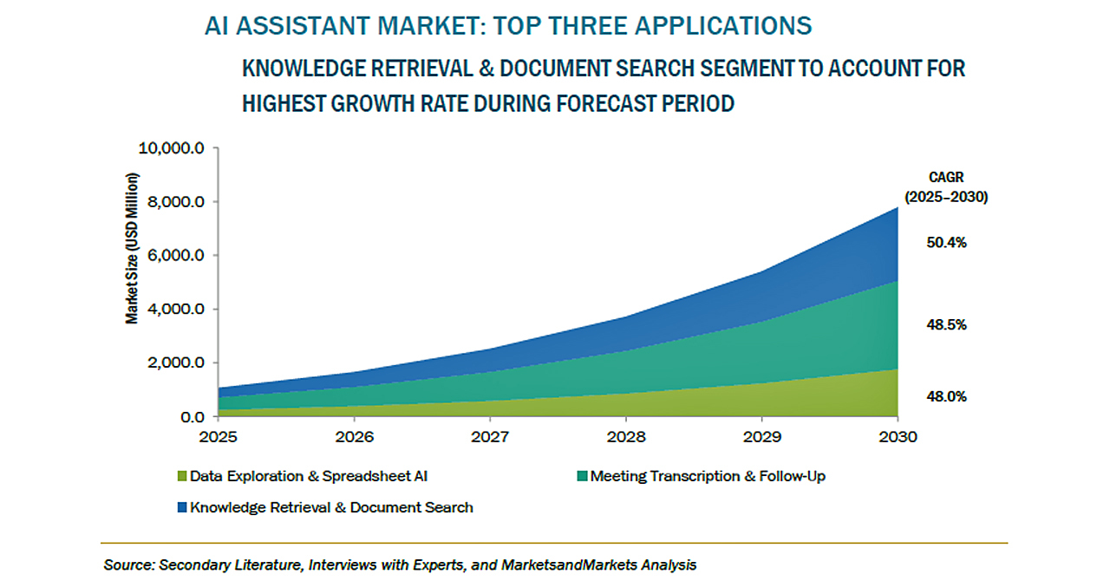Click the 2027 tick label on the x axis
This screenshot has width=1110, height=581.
(490, 435)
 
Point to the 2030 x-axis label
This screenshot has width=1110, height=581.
(897, 435)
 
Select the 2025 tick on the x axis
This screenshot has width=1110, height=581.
(218, 435)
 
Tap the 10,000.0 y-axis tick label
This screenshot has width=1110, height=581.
(171, 148)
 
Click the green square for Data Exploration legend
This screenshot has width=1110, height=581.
(181, 476)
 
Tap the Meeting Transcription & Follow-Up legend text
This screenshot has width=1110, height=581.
(708, 476)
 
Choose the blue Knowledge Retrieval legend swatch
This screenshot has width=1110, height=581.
(181, 507)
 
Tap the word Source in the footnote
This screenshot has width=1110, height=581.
(127, 565)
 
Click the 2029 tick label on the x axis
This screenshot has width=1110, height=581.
(761, 435)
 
